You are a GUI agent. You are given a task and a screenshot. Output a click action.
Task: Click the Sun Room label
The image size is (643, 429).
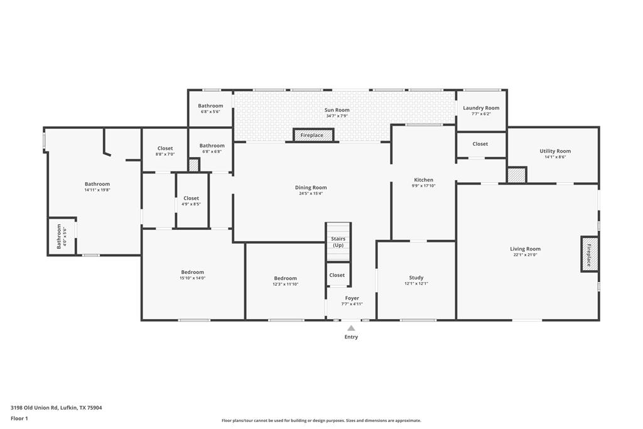pyautogui.click(x=337, y=110)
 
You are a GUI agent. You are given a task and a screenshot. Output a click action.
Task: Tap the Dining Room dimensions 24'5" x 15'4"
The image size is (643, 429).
pyautogui.click(x=311, y=193)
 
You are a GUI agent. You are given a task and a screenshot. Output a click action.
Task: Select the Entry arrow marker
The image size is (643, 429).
pyautogui.click(x=351, y=328)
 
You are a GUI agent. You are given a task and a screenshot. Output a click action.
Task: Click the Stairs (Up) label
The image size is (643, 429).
pyautogui.click(x=338, y=242)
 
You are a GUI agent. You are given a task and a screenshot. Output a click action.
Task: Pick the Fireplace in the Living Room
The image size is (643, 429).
pyautogui.click(x=589, y=254)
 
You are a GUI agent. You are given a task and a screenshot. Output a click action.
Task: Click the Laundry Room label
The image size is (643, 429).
pyautogui.click(x=481, y=108)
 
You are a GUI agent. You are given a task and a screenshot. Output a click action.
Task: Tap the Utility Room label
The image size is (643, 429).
pyautogui.click(x=555, y=151)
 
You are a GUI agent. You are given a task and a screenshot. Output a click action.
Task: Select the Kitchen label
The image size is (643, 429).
pyautogui.click(x=424, y=180)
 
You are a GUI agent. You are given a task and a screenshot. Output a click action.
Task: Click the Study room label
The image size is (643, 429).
pyautogui.click(x=416, y=278)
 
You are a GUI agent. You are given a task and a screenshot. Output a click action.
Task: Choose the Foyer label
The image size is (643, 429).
pyautogui.click(x=352, y=298)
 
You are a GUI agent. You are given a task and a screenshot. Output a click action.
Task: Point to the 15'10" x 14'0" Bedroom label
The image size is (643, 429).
pyautogui.click(x=192, y=272)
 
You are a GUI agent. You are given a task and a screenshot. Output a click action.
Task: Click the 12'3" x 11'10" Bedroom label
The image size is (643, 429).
pyautogui.click(x=286, y=278)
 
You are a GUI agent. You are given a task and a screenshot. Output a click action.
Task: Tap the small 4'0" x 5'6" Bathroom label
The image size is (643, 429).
pyautogui.click(x=59, y=236)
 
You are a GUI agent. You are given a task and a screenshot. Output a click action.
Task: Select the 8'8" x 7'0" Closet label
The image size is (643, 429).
pyautogui.click(x=165, y=148)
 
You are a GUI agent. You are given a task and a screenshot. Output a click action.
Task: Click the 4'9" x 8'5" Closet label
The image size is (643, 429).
pyautogui.click(x=191, y=198)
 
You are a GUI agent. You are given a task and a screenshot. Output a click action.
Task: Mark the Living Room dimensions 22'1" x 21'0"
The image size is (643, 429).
pyautogui.click(x=526, y=254)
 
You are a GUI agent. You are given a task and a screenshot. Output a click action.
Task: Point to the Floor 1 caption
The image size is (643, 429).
pyautogui.click(x=19, y=418)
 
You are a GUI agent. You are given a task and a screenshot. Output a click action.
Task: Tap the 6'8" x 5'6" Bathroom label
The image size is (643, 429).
pyautogui.click(x=210, y=106)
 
